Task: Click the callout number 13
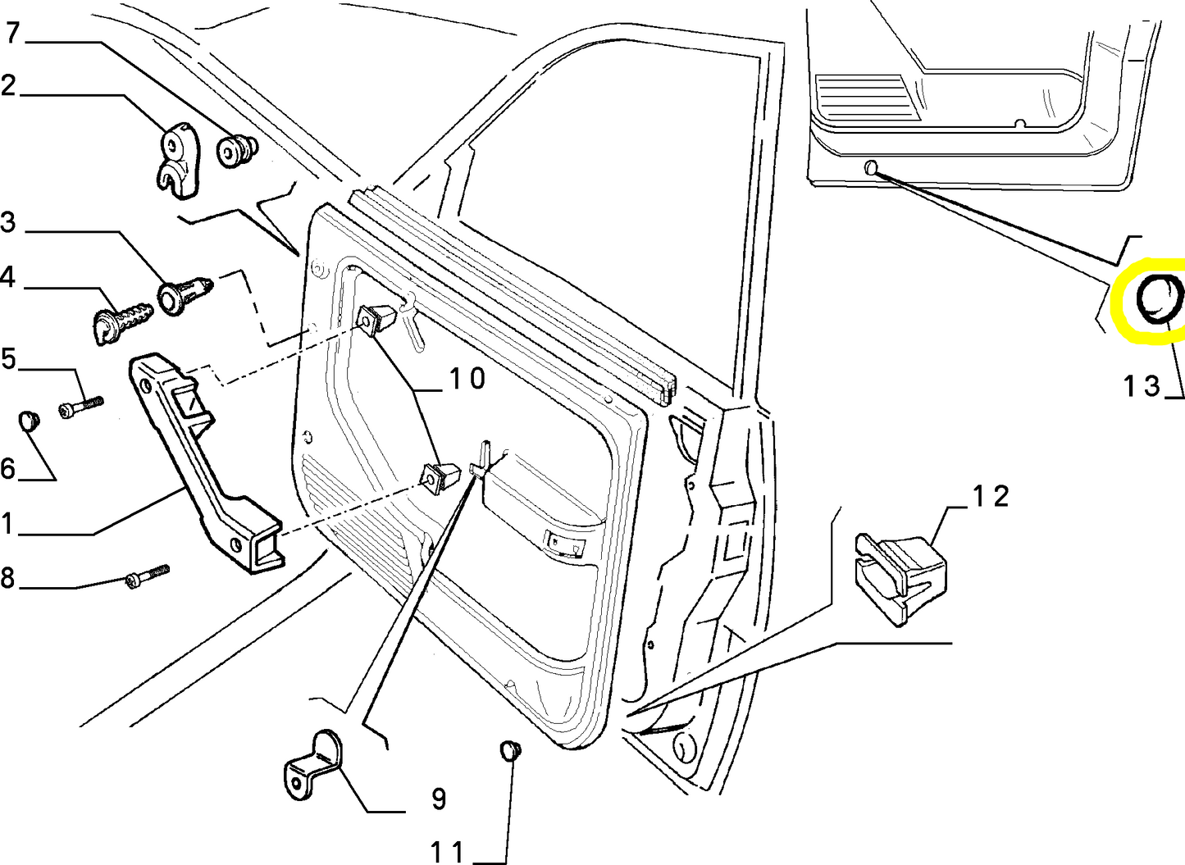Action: click(x=1142, y=385)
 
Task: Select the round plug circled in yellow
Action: click(x=1160, y=301)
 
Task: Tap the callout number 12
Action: click(x=990, y=496)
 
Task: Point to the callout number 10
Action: click(x=466, y=379)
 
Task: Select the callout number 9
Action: click(x=439, y=798)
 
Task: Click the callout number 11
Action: click(x=448, y=852)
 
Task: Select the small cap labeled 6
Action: click(x=30, y=421)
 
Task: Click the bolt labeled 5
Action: click(x=81, y=406)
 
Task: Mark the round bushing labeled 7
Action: click(x=236, y=151)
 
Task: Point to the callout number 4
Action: click(x=7, y=277)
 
